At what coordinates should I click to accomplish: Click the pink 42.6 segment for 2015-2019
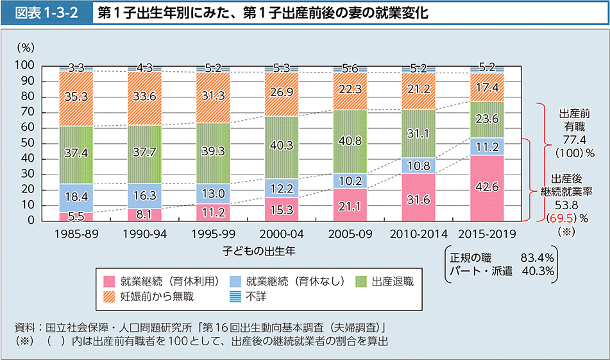click(x=487, y=188)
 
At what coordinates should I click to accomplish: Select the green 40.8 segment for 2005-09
click(x=350, y=141)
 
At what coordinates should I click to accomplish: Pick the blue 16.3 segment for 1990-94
click(x=144, y=196)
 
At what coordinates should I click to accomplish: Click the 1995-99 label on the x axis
click(x=212, y=234)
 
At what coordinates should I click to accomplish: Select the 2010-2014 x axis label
click(x=418, y=234)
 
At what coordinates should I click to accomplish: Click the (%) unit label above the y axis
click(x=26, y=47)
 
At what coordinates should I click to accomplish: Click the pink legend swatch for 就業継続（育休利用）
click(x=109, y=280)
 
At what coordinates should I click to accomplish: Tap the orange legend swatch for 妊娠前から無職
click(x=109, y=296)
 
